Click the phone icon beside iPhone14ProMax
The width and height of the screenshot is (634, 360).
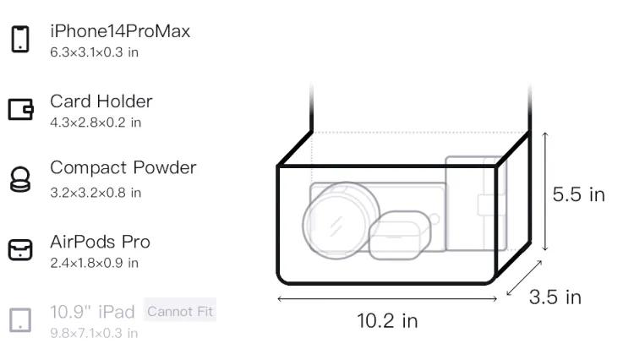[x=20, y=39]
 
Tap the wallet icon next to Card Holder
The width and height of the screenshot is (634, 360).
[x=20, y=109]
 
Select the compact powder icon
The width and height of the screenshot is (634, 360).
[x=19, y=179]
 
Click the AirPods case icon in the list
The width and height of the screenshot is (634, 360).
[x=20, y=249]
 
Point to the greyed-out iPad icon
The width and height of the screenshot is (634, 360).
[x=20, y=320]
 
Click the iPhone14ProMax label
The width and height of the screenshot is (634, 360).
[x=120, y=31]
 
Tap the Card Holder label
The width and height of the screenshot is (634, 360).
[x=101, y=101]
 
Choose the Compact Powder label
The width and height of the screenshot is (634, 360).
[x=123, y=167]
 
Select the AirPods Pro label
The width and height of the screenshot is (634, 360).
[x=101, y=242]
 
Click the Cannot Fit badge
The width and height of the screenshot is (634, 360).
[x=180, y=311]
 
